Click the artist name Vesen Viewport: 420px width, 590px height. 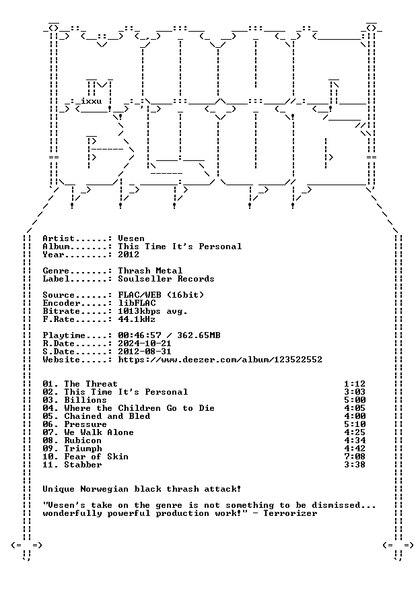coord(131,238)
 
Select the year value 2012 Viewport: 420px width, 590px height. coord(129,255)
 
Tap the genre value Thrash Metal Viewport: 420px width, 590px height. coord(150,271)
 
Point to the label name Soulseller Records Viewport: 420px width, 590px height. coord(166,279)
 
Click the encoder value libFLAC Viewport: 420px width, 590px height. coord(137,303)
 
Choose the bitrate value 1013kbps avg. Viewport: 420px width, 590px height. coord(153,312)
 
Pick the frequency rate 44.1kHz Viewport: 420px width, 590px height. coord(137,319)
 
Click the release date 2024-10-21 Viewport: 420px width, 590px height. coord(145,343)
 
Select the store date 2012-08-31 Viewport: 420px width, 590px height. coord(145,352)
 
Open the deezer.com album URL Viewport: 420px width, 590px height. coord(220,360)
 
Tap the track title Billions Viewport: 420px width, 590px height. coord(85,400)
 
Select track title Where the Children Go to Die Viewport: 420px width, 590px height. coord(139,408)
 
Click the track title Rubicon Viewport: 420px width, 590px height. coord(83,440)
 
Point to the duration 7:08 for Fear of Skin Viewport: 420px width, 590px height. coord(355,457)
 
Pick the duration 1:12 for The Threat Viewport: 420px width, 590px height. coord(355,384)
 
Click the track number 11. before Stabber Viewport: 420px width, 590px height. coord(50,465)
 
